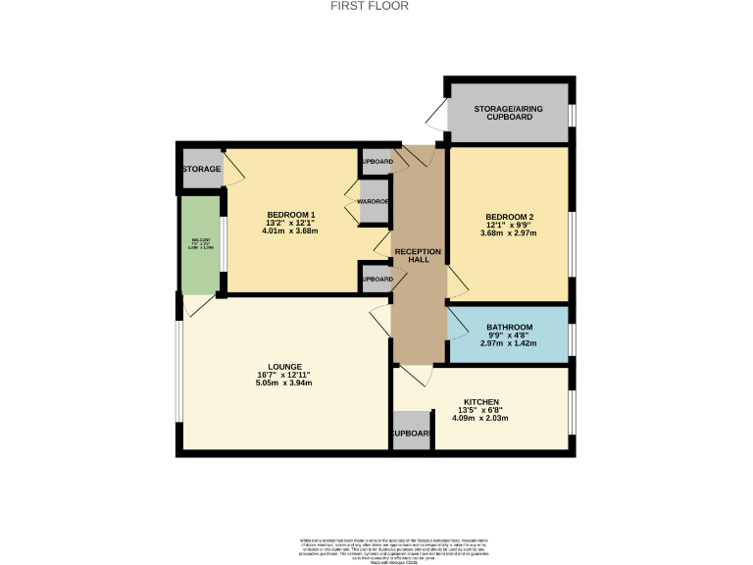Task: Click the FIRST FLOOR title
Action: point(376,6)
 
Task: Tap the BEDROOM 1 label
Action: point(291,215)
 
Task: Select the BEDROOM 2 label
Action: point(509,216)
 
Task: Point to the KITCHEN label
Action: point(481,402)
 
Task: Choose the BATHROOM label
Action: point(508,327)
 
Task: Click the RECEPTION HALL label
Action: point(419,256)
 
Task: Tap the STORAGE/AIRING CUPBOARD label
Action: point(509,113)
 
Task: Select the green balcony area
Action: point(201,244)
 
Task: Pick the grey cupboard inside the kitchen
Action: point(411,432)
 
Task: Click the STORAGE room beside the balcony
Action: point(201,169)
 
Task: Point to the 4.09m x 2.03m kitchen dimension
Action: point(480,419)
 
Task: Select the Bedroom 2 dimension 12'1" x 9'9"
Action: point(509,225)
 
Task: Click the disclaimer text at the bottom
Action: point(376,548)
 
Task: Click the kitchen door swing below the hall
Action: point(413,375)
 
